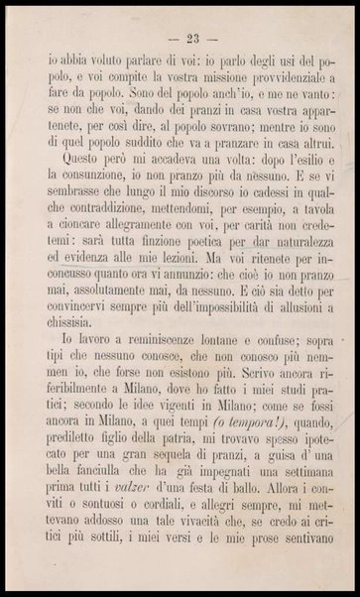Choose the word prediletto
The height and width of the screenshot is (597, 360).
click(x=68, y=520)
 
